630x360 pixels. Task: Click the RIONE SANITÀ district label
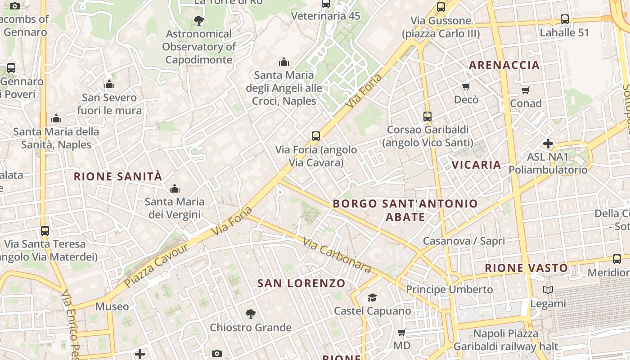tap(118, 176)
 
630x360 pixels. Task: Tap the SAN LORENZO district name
tap(301, 283)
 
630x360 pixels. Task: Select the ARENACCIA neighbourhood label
tap(504, 65)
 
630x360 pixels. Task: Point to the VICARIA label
tap(477, 165)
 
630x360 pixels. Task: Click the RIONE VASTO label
tap(526, 268)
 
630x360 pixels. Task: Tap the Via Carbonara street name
tap(337, 255)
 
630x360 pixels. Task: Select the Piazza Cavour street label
tap(156, 265)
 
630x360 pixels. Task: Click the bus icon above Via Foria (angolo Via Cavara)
tap(316, 136)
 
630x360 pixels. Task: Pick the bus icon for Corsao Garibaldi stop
tap(427, 116)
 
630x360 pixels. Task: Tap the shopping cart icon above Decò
tap(466, 86)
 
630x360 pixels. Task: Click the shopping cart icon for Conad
tap(526, 90)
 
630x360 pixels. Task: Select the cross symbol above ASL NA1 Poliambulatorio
tap(548, 144)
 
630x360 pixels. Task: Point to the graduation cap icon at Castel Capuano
tap(372, 297)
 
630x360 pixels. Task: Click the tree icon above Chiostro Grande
tap(251, 314)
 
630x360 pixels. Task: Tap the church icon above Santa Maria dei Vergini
tap(175, 189)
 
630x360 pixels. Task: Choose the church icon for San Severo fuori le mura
tap(109, 84)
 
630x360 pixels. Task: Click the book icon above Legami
tap(548, 290)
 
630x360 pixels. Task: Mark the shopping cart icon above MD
tap(402, 332)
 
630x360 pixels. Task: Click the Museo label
tap(112, 306)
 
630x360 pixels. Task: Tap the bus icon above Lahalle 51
tap(565, 19)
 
